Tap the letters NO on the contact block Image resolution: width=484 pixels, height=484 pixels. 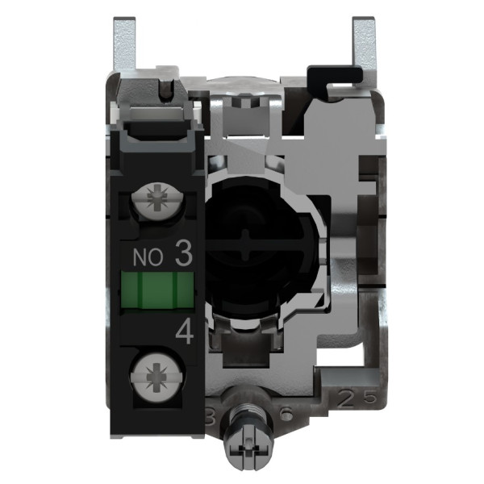pyautogui.click(x=145, y=258)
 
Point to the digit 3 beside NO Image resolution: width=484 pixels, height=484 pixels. pyautogui.click(x=182, y=257)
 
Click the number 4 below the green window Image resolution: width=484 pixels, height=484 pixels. pyautogui.click(x=182, y=333)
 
